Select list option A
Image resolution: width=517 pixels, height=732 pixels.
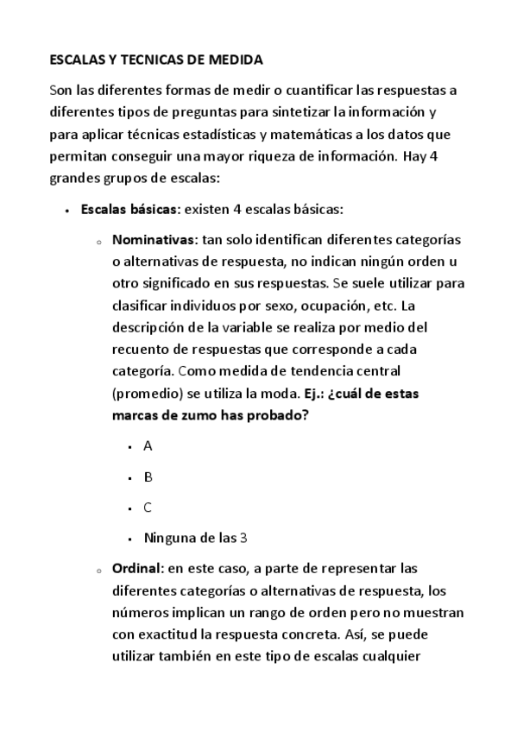coord(148,446)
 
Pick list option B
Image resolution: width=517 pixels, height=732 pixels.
coord(148,476)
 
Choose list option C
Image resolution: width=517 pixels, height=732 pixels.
coord(148,508)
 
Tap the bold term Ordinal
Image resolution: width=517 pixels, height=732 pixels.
coord(138,569)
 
